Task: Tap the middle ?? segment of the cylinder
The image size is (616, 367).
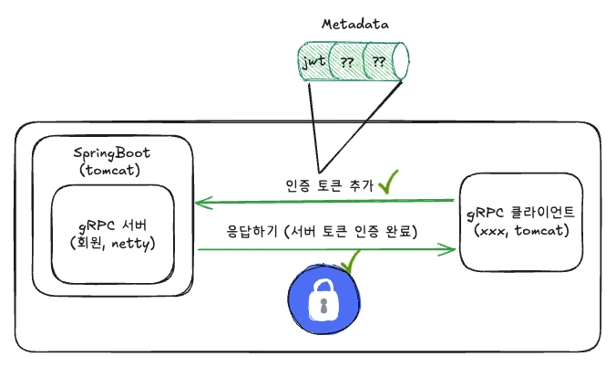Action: point(347,63)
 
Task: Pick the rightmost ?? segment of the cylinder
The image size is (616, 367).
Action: point(378,63)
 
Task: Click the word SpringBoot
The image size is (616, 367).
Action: point(111,152)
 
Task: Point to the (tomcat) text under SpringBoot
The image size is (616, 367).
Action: point(111,169)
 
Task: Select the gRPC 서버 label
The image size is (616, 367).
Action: point(111,226)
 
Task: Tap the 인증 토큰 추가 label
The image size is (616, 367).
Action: point(329,184)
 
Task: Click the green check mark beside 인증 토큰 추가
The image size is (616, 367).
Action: point(390,183)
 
